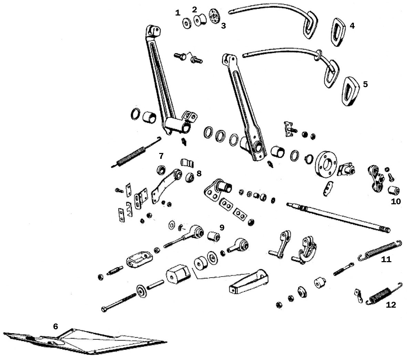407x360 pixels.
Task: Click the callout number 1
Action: [177, 13]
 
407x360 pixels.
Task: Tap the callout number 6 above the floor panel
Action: [55, 326]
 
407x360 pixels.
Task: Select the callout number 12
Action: [391, 305]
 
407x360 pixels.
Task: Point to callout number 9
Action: [222, 227]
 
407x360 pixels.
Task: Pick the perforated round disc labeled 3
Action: [214, 16]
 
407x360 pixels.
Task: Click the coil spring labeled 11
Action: [380, 249]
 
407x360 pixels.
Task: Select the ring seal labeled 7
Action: [161, 169]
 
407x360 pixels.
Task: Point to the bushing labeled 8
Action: [190, 177]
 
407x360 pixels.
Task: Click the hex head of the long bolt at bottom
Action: [104, 309]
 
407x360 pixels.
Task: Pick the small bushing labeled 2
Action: [200, 20]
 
